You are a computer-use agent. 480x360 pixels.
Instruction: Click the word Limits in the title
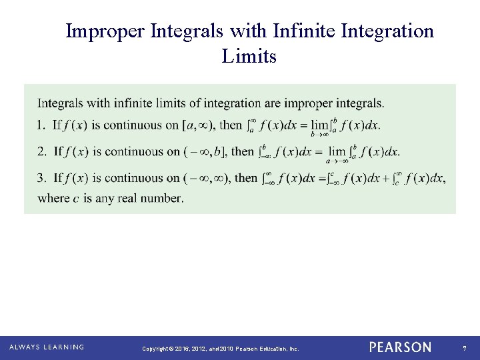(249, 57)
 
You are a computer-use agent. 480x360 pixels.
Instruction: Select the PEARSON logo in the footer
(400, 347)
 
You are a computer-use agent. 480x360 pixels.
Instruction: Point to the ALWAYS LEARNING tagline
(47, 347)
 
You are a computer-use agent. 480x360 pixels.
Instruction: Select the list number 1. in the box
(42, 125)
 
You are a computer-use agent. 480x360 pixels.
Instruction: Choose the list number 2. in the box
(42, 151)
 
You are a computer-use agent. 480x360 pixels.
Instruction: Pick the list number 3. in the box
(42, 178)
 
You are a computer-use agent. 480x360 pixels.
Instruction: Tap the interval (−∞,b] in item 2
(205, 151)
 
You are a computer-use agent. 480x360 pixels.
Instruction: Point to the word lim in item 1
(320, 125)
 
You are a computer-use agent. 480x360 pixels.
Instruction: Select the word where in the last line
(53, 198)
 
